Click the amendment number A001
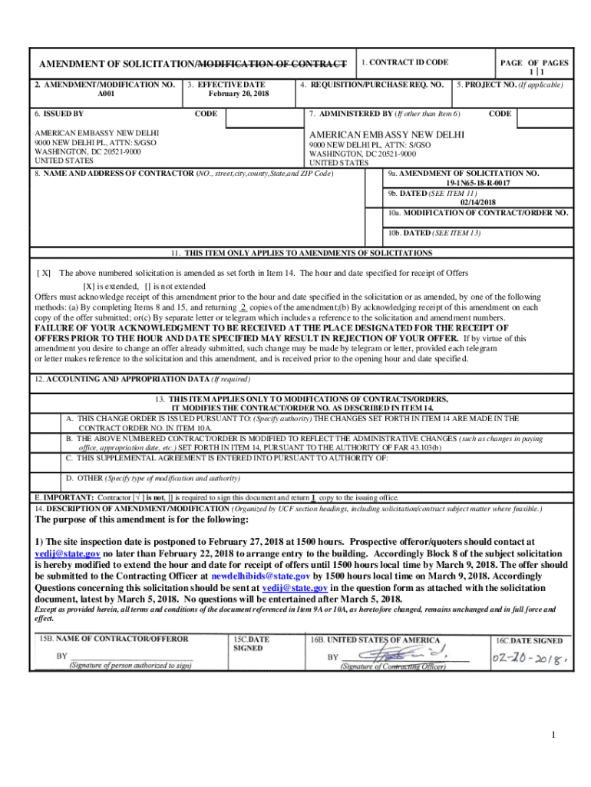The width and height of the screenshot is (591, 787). click(x=104, y=94)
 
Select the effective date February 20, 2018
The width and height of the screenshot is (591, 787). click(x=239, y=94)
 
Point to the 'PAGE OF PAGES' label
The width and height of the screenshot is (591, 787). click(x=534, y=62)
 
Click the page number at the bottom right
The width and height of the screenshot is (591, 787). click(x=552, y=736)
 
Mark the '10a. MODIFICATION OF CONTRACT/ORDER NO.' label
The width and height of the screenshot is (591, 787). click(x=478, y=212)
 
